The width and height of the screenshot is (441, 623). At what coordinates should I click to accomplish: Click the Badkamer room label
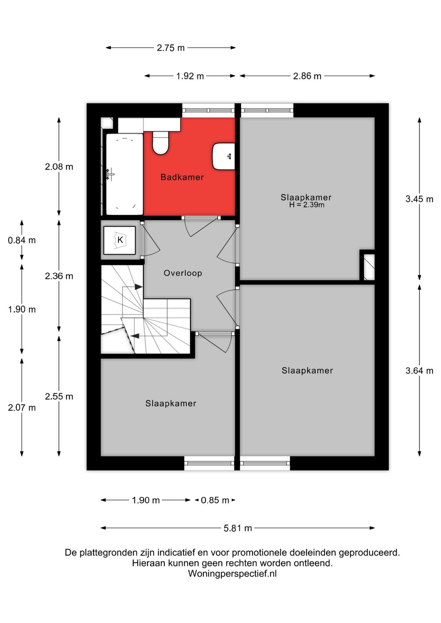tap(182, 177)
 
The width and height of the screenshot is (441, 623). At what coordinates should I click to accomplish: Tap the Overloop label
tap(183, 273)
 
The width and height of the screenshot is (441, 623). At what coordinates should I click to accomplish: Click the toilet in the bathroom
tap(160, 142)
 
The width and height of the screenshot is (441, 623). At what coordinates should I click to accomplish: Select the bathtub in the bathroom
tap(125, 174)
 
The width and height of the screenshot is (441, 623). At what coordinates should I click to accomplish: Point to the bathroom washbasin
tap(224, 157)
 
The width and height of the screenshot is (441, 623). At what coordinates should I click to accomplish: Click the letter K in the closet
tap(120, 240)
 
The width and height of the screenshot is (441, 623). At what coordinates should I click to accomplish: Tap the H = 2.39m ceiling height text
tap(307, 205)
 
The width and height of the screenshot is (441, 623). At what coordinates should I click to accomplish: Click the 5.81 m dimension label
tap(238, 528)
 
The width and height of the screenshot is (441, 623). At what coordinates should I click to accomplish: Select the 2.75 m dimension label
tap(171, 48)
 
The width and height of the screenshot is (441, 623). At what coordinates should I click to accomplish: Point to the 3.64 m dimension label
tap(419, 370)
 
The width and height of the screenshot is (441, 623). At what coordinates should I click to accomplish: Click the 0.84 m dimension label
tap(22, 240)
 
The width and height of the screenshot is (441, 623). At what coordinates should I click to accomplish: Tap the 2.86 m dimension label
tap(307, 76)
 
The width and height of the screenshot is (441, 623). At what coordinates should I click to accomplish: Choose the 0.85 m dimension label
tap(215, 500)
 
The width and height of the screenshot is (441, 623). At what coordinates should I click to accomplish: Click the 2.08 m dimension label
tap(59, 167)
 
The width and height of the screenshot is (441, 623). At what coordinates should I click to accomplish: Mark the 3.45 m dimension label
tap(419, 199)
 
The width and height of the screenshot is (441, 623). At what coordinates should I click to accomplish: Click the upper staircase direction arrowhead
tap(138, 287)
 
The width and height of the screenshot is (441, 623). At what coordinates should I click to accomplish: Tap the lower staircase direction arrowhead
tap(135, 336)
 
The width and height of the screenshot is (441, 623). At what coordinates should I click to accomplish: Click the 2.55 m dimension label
tap(59, 396)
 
